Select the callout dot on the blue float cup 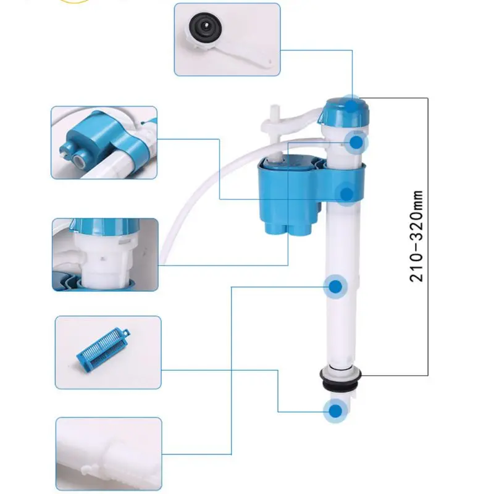click(348, 194)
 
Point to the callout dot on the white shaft click(335, 287)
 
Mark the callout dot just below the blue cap click(357, 142)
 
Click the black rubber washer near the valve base click(337, 377)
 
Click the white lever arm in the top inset click(247, 52)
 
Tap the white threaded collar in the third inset click(99, 259)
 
